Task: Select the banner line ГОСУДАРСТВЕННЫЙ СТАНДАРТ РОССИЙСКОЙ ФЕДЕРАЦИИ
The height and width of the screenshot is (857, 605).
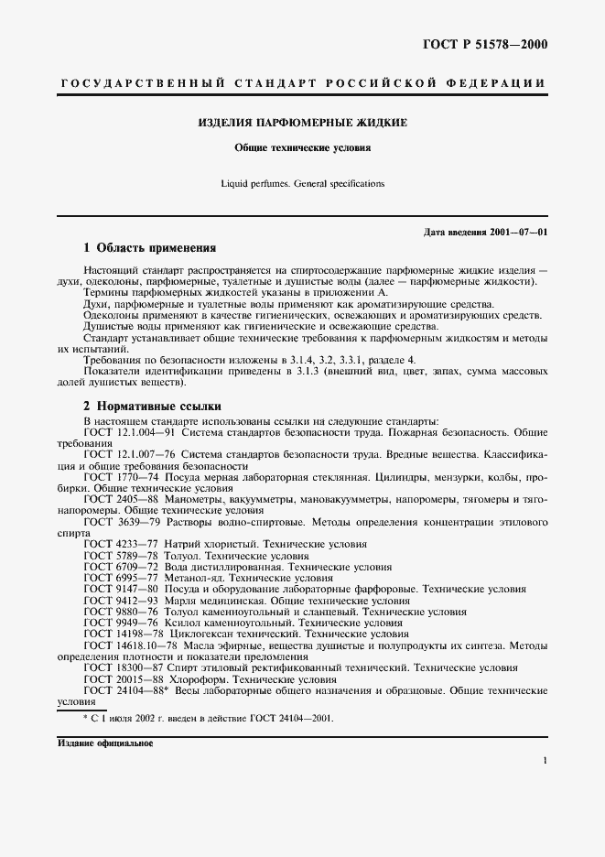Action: [x=303, y=83]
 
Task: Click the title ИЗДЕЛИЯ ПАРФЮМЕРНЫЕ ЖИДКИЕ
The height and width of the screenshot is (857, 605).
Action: [x=303, y=123]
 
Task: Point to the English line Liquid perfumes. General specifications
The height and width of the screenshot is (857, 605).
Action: [x=303, y=183]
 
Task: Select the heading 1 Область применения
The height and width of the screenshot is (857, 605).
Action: [x=150, y=248]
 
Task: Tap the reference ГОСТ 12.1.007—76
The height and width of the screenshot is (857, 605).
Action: [x=130, y=454]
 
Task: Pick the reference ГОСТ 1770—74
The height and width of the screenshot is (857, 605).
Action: [x=119, y=478]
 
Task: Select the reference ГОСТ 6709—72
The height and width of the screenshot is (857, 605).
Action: [x=119, y=568]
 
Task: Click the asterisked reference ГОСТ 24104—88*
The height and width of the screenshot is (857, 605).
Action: [x=128, y=691]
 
